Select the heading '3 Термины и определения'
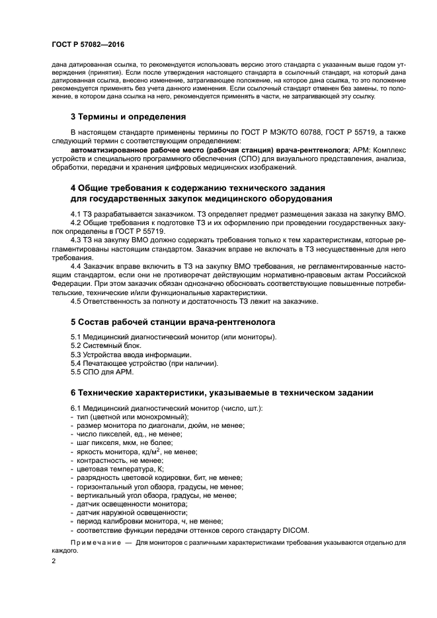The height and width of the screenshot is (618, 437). click(128, 117)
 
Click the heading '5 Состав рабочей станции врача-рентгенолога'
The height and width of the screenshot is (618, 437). click(173, 322)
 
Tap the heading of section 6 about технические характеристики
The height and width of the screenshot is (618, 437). click(221, 392)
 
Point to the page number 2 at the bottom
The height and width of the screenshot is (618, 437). click(54, 561)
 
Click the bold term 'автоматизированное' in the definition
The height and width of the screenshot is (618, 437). click(113, 150)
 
